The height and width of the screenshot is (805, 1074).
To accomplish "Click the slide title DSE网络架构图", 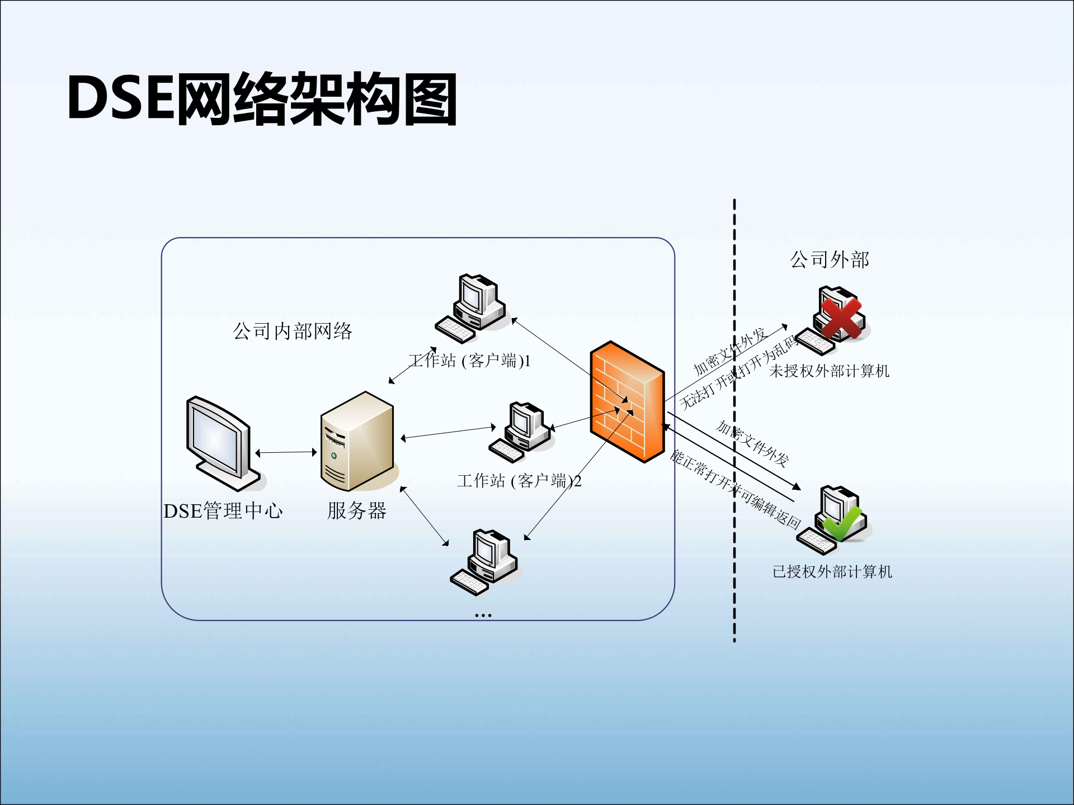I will click(262, 99).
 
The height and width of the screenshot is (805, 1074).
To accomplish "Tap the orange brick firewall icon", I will click(627, 401).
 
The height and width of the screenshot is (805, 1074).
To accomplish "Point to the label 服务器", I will click(357, 510).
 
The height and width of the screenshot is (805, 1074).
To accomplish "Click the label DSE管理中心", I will click(223, 511).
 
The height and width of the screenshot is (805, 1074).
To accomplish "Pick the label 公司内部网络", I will click(293, 332).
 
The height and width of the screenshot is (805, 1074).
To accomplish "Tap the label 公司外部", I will click(830, 260).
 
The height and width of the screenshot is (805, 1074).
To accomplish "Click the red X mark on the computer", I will click(841, 318).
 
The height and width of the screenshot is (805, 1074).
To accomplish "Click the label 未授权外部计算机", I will click(829, 371).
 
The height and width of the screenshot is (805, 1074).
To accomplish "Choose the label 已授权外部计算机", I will click(832, 572).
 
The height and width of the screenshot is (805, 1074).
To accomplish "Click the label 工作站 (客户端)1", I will click(469, 361).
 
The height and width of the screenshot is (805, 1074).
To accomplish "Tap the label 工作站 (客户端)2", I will click(519, 481).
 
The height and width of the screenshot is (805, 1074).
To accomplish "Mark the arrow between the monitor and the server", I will click(286, 452).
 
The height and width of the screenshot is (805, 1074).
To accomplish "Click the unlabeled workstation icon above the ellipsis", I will click(484, 561).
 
